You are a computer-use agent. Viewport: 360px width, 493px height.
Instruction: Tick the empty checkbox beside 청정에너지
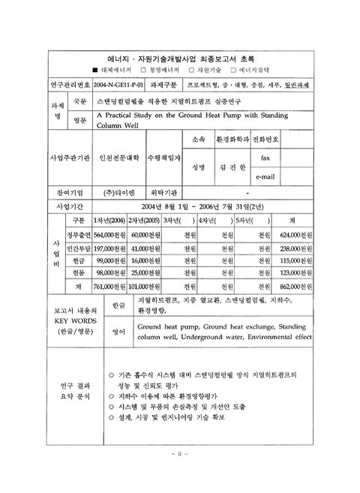(x=151, y=67)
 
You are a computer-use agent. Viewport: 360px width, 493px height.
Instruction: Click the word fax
(x=265, y=158)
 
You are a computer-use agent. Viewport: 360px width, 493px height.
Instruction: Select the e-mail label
(x=267, y=176)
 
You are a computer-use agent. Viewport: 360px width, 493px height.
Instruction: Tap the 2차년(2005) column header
(x=145, y=220)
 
